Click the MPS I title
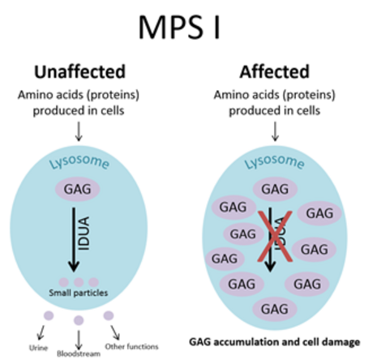[x=179, y=28]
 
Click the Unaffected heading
[x=80, y=72]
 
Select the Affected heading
[x=275, y=72]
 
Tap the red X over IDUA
[x=275, y=237]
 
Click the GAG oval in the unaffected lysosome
[x=78, y=189]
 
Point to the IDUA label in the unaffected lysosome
[x=84, y=234]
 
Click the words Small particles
[x=79, y=293]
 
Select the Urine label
[x=38, y=348]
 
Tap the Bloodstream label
[x=79, y=354]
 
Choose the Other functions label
[x=131, y=346]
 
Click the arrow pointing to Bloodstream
[x=79, y=340]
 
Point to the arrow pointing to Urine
[x=41, y=332]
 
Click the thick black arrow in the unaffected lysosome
[x=74, y=240]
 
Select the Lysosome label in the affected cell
[x=275, y=161]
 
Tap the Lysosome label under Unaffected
[x=79, y=161]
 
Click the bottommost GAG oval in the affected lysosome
[x=275, y=309]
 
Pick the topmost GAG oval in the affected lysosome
[x=275, y=189]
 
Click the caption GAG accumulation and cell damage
[x=275, y=342]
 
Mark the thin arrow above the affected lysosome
[x=275, y=131]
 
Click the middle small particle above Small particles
[x=79, y=282]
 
